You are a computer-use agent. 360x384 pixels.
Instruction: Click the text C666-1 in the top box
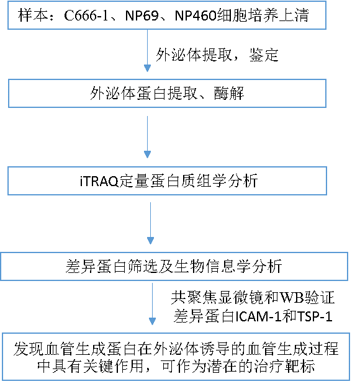86,16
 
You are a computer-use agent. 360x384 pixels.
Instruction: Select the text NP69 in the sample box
142,16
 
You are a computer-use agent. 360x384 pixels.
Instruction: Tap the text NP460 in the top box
196,16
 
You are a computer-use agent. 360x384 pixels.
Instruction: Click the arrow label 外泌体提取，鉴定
217,55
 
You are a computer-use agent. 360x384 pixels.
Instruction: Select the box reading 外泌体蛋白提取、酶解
167,93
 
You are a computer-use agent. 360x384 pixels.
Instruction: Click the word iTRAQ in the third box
99,181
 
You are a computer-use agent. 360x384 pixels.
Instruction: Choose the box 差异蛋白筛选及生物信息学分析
174,266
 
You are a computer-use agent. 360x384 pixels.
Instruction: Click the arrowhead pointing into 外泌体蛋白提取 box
147,68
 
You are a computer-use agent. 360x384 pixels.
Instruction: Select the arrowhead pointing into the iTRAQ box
147,154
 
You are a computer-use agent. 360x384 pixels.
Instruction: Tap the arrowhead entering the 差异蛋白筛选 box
150,241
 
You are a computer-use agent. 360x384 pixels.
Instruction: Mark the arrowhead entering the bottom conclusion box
153,321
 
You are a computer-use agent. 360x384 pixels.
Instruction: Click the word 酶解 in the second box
229,93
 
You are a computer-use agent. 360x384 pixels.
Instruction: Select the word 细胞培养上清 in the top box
263,15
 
